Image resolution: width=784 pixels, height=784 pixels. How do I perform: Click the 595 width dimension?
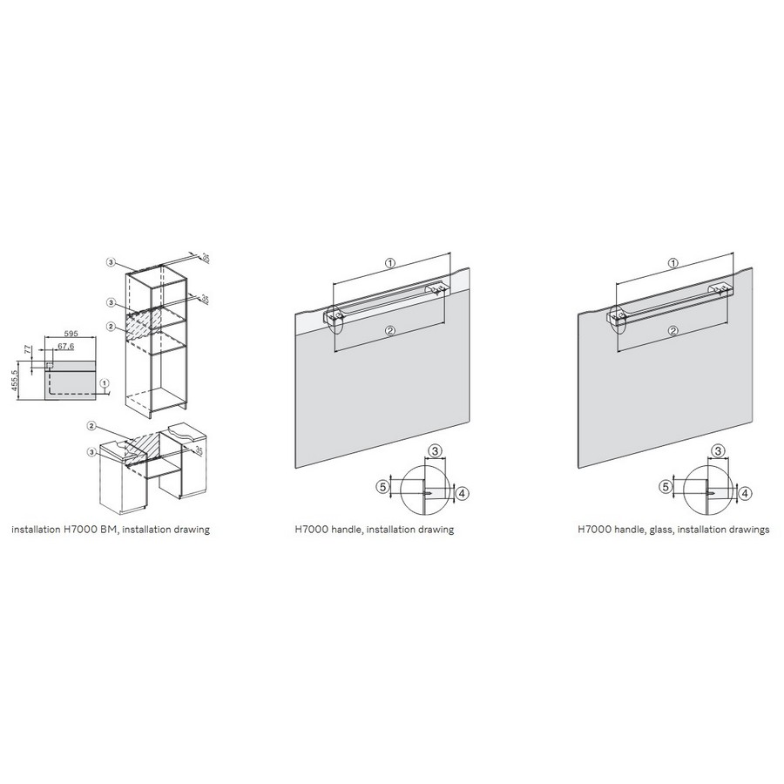tap(72, 334)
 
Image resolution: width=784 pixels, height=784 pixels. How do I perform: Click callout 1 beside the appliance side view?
tap(104, 383)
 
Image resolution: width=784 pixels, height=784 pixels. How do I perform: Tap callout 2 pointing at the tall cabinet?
tap(111, 327)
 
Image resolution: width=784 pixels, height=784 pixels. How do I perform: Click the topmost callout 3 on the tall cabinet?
tap(110, 261)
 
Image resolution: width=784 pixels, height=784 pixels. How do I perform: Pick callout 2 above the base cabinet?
tap(91, 425)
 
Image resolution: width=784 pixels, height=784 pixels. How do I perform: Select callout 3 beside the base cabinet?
tap(91, 452)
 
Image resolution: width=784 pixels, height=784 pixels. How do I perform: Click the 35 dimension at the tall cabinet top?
tap(205, 258)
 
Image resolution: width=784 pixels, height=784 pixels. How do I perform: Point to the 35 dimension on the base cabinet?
tap(199, 450)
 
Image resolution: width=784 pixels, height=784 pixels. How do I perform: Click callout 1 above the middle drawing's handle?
tap(390, 262)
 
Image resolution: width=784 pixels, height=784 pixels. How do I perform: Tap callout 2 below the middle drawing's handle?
tap(390, 330)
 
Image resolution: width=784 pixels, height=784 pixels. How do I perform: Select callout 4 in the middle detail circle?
tap(462, 494)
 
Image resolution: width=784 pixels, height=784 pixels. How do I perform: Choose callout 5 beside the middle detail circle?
tap(383, 486)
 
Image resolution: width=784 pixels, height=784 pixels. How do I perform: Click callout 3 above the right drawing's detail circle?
tap(718, 451)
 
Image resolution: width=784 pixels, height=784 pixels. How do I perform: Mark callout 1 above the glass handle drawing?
tap(673, 263)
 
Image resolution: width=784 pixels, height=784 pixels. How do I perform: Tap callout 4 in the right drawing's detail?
tap(745, 494)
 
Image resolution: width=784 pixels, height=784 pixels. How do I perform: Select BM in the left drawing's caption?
tap(109, 529)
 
